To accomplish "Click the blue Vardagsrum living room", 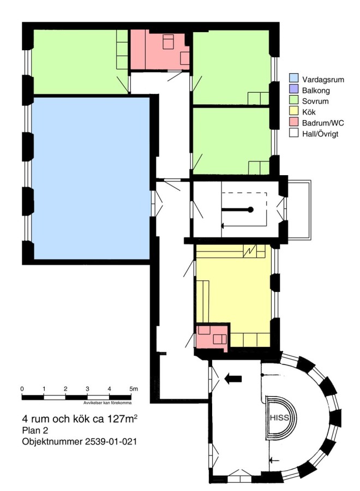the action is tap(92, 178).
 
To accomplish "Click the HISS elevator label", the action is tap(279, 418).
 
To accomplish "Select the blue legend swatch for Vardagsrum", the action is tap(293, 78).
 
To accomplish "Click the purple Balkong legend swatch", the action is tap(293, 89).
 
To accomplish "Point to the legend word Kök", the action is tap(309, 112).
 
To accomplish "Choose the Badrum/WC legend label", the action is tap(323, 123).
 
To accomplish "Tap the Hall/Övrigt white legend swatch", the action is tap(293, 133).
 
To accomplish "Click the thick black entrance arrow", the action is tap(233, 379).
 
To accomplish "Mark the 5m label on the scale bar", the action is tap(134, 389).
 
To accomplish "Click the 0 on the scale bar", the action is tap(22, 389).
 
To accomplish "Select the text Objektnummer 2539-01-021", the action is tap(80, 441).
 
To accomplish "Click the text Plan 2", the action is tap(34, 430).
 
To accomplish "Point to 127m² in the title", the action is tap(122, 418).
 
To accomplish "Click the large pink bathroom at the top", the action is tap(160, 50).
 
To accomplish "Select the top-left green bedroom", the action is tap(80, 61).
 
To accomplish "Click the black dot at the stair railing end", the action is tap(250, 210).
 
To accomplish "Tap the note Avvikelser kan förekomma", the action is tap(107, 403).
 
